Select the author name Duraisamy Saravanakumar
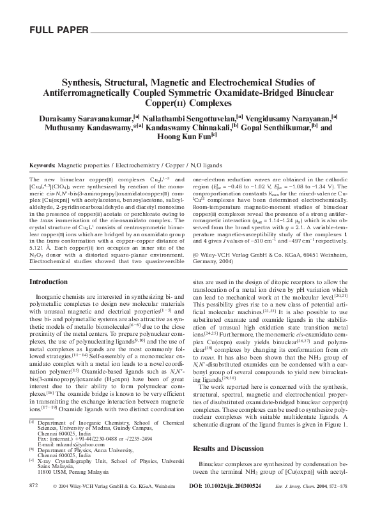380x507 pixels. coord(86,118)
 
